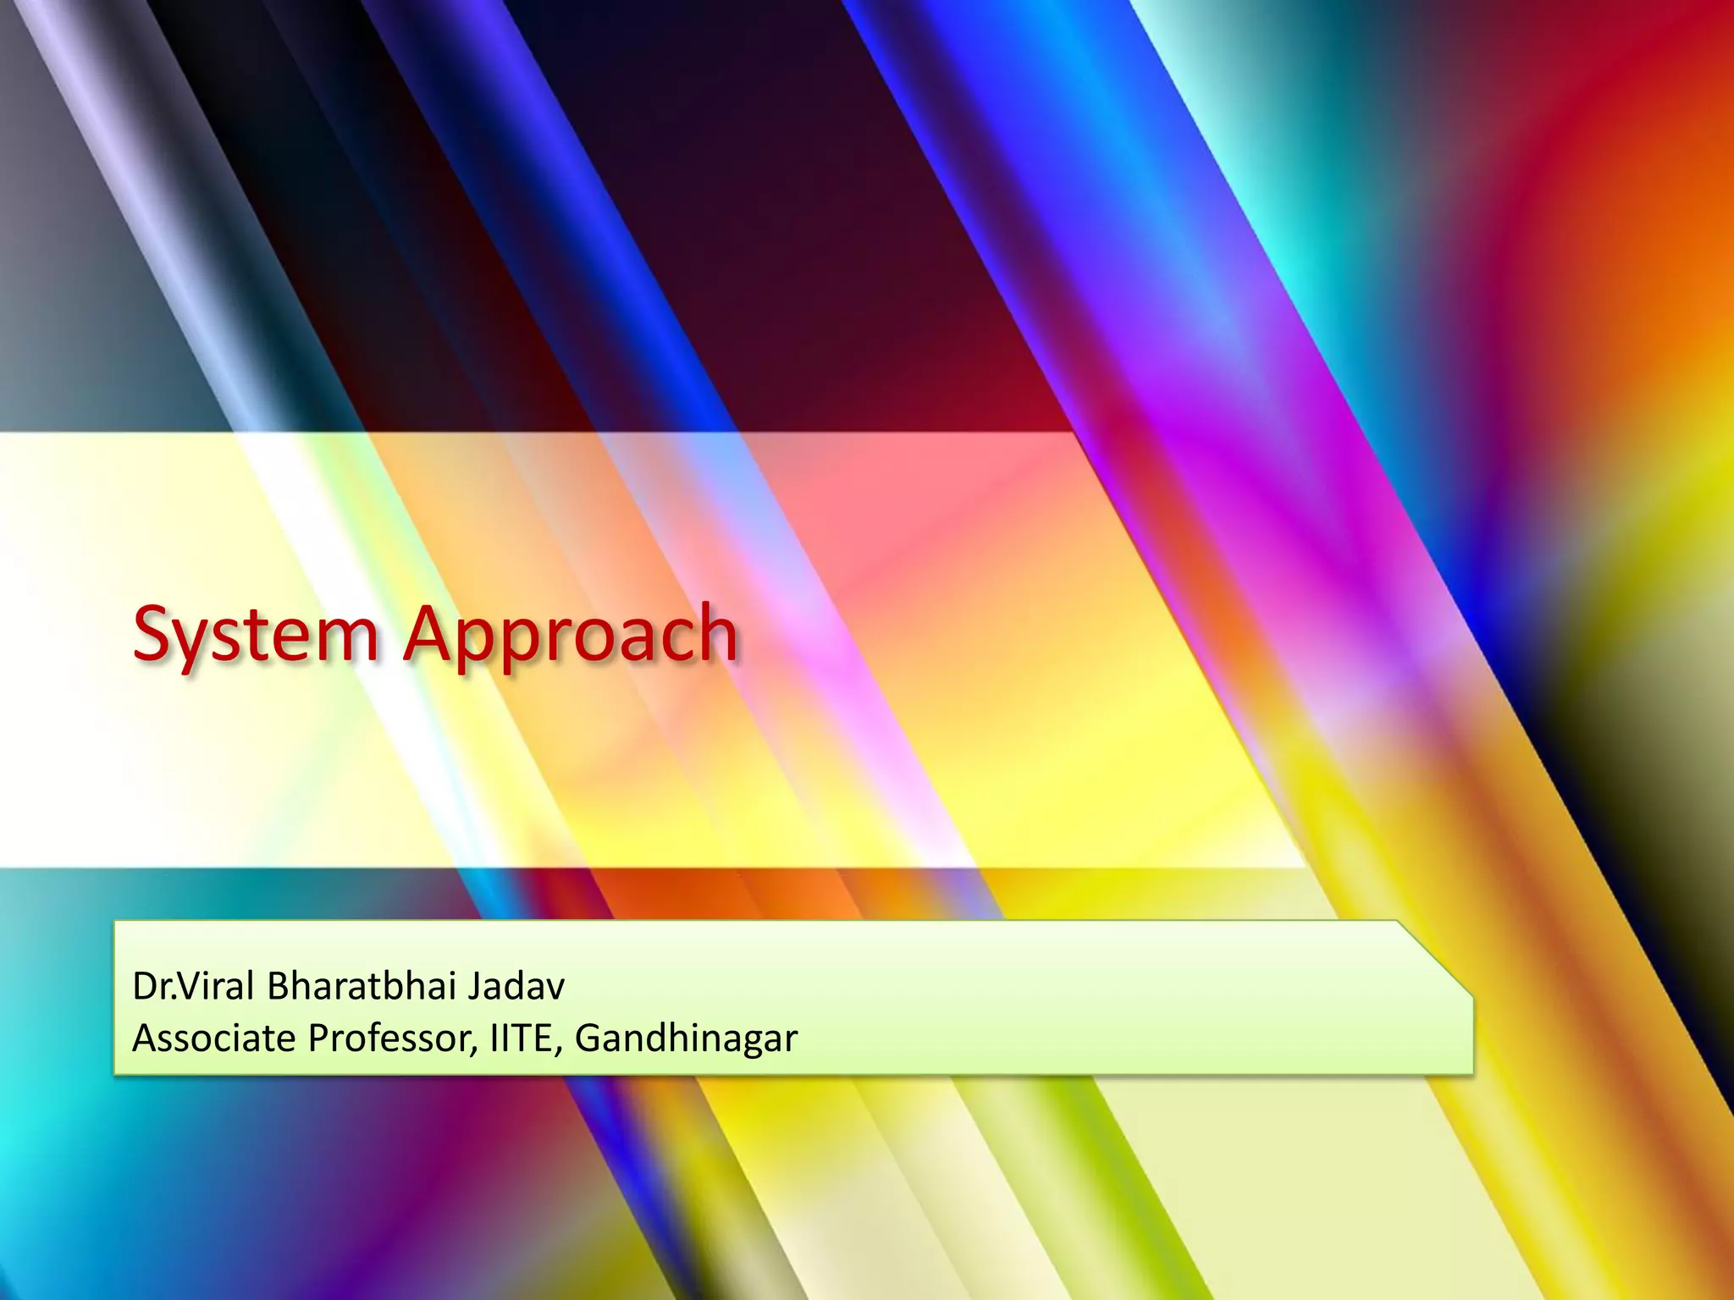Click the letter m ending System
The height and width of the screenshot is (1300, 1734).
coord(349,638)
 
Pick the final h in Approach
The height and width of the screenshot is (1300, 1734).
coord(716,631)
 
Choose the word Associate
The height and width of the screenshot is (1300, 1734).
coord(213,1038)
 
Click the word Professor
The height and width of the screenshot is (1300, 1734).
coord(389,1038)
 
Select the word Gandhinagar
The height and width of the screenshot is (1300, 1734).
coord(686,1039)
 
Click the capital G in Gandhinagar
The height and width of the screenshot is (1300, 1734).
coord(588,1038)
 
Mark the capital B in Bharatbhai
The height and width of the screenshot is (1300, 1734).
coord(279,986)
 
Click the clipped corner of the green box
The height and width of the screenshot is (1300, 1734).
coord(1438,956)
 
